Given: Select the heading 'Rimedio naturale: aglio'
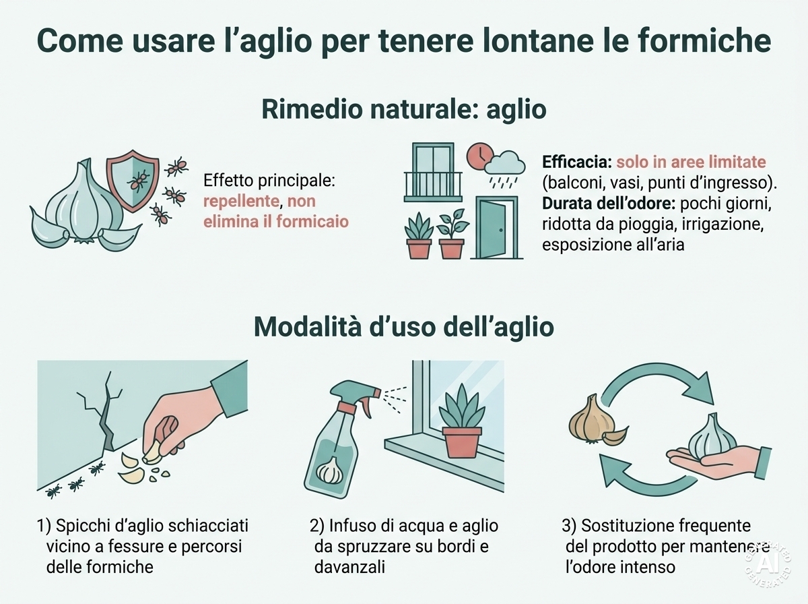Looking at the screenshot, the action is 404,109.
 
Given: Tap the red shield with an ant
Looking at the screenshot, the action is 133,181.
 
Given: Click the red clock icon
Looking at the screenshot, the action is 479,156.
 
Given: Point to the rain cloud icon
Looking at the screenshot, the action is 505,164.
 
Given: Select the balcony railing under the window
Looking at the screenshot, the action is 433,187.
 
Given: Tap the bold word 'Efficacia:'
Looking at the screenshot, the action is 577,162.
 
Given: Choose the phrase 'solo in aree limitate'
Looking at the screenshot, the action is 691,162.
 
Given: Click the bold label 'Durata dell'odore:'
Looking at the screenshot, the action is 609,204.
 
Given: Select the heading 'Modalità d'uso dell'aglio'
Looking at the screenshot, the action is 404,327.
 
